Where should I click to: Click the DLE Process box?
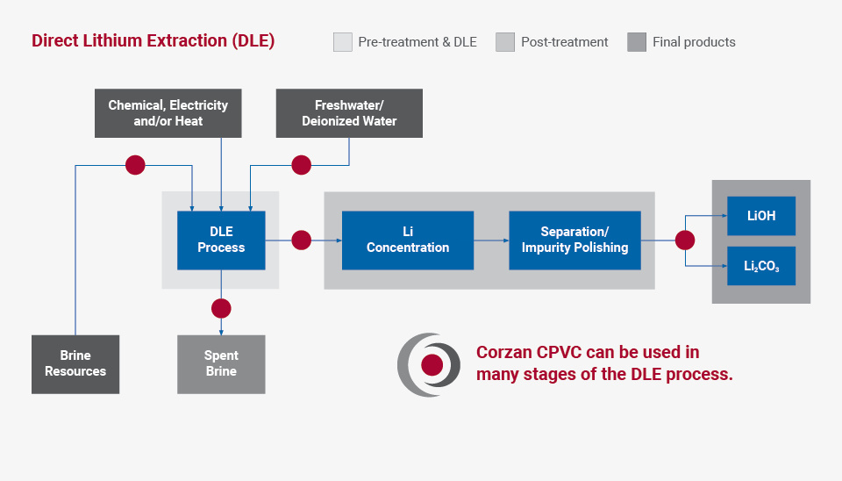click(221, 240)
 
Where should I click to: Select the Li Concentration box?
click(407, 240)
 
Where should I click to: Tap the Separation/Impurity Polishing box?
click(574, 240)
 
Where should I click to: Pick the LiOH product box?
click(760, 216)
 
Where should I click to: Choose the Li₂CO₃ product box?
click(760, 266)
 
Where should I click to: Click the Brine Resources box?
click(75, 363)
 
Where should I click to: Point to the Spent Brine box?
click(221, 363)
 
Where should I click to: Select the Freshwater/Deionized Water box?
click(349, 113)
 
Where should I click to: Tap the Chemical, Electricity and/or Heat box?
click(168, 113)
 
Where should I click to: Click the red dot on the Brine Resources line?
click(135, 165)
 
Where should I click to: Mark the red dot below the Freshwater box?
click(302, 165)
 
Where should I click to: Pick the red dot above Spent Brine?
click(221, 308)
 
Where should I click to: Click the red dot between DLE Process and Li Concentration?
click(302, 240)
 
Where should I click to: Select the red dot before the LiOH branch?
click(685, 240)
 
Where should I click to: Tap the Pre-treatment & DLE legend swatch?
click(342, 42)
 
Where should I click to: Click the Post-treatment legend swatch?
click(505, 42)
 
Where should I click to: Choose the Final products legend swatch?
click(637, 42)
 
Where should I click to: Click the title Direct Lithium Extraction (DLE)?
click(153, 41)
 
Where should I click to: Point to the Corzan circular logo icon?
click(430, 364)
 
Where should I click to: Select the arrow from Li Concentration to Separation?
click(491, 240)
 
